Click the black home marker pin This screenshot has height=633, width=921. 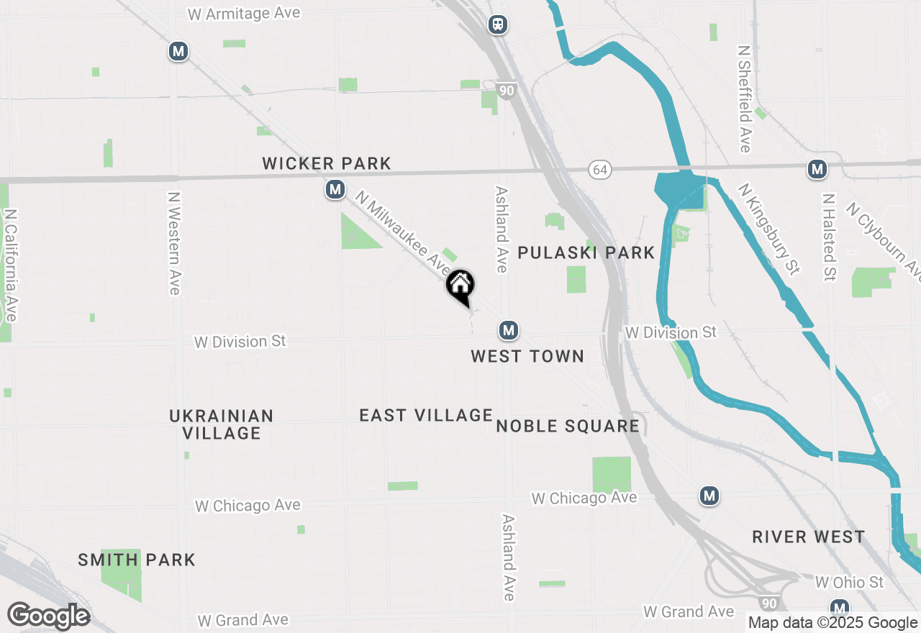click(460, 286)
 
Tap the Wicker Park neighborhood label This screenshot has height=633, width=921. click(327, 163)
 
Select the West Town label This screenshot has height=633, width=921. click(527, 356)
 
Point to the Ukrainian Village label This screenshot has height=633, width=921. click(222, 424)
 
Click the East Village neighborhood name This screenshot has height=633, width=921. click(426, 415)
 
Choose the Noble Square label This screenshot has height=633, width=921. click(568, 426)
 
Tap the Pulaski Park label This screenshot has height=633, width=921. click(586, 252)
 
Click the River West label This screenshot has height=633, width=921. click(809, 537)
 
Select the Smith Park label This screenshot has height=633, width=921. click(137, 560)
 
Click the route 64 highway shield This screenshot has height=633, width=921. click(599, 170)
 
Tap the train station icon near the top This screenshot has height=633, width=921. click(497, 24)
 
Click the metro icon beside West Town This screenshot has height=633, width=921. click(509, 330)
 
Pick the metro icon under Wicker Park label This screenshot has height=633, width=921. click(334, 190)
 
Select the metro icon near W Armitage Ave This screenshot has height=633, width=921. click(178, 51)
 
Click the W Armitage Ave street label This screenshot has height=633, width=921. click(243, 14)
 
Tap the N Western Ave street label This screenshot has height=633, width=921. click(173, 242)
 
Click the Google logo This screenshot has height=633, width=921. click(48, 616)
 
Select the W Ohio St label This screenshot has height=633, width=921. click(849, 581)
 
